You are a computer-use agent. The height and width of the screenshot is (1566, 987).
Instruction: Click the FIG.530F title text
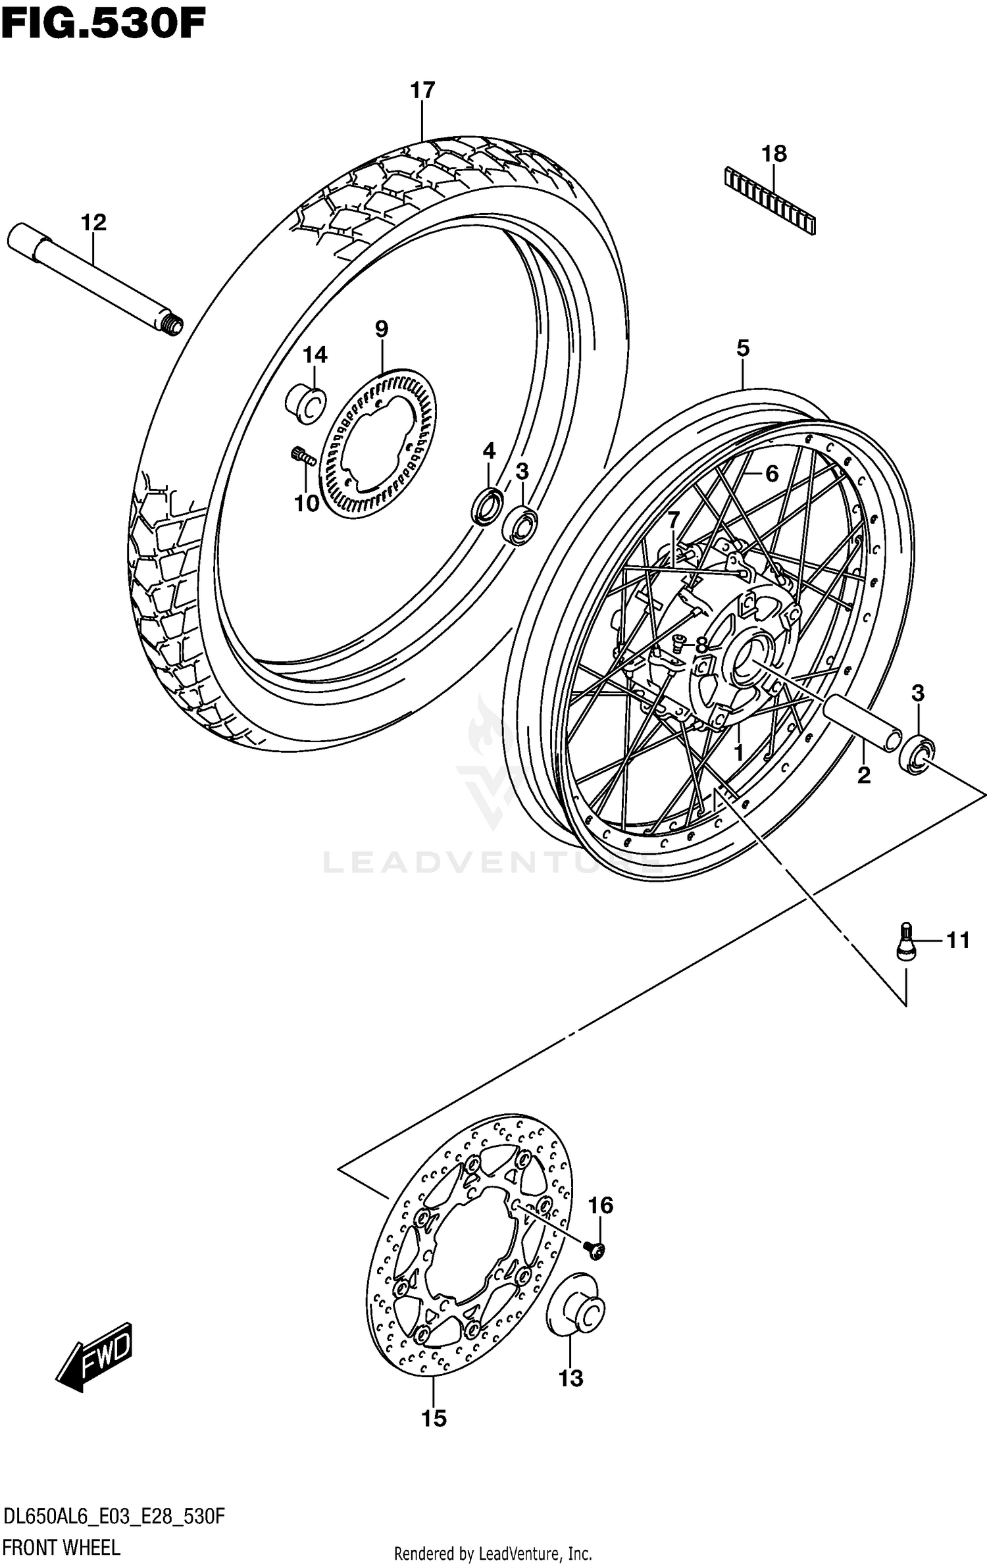103,24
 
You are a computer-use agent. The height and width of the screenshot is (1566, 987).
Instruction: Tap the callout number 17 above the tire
422,91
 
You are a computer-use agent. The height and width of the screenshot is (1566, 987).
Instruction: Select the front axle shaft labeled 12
92,279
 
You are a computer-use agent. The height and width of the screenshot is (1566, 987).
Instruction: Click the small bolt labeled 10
303,455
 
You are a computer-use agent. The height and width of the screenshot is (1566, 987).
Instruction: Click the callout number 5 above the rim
742,349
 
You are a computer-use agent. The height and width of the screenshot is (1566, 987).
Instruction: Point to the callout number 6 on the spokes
771,473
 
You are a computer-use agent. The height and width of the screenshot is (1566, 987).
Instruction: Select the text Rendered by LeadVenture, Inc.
493,1554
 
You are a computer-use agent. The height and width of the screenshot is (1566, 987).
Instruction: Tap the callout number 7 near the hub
672,520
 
